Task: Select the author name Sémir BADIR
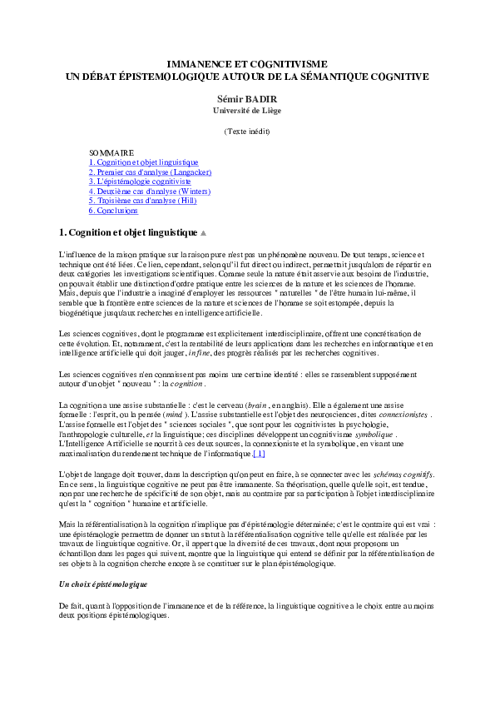coord(246,97)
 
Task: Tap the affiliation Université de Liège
coord(246,109)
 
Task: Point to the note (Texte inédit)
coord(247,132)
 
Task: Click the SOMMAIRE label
coord(111,153)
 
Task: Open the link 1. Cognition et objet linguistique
coord(143,162)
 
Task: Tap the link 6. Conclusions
coord(113,211)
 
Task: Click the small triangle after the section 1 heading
coord(204,232)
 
